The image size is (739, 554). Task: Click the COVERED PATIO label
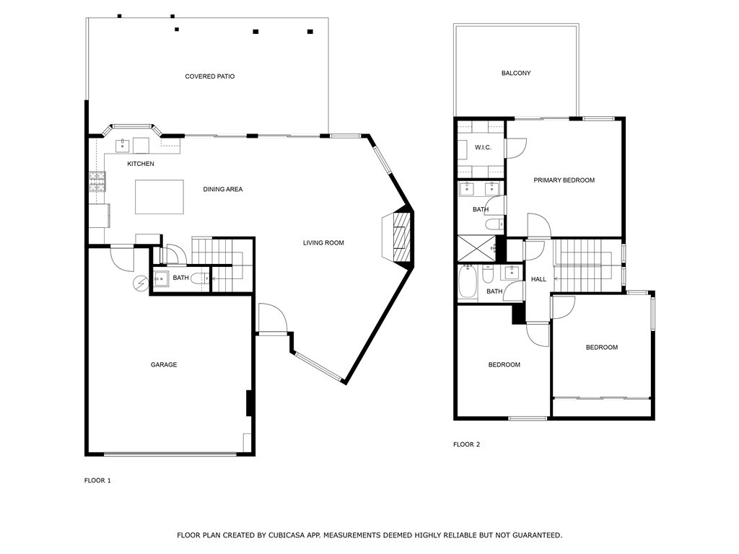[x=210, y=76]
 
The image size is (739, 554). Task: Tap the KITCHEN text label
[x=141, y=164]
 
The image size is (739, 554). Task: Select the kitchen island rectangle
[x=159, y=197]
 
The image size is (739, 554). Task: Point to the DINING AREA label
[x=222, y=189]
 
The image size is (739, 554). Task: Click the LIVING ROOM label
[x=323, y=243]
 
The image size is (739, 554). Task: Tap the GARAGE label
[x=164, y=365]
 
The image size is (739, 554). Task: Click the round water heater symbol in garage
[x=140, y=283]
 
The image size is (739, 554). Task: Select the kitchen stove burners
[x=97, y=181]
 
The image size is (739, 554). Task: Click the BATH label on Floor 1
[x=180, y=278]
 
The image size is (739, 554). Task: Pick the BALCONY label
[x=516, y=74]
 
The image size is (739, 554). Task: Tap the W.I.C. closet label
[x=483, y=148]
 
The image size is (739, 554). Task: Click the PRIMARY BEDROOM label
[x=564, y=180]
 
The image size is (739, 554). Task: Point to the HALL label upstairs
[x=538, y=279]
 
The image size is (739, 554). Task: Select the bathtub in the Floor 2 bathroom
[x=467, y=283]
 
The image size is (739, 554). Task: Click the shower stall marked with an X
[x=476, y=249]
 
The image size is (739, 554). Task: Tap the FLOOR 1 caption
[x=97, y=480]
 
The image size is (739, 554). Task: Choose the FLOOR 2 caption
[x=466, y=444]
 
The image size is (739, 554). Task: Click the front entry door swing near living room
[x=272, y=317]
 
